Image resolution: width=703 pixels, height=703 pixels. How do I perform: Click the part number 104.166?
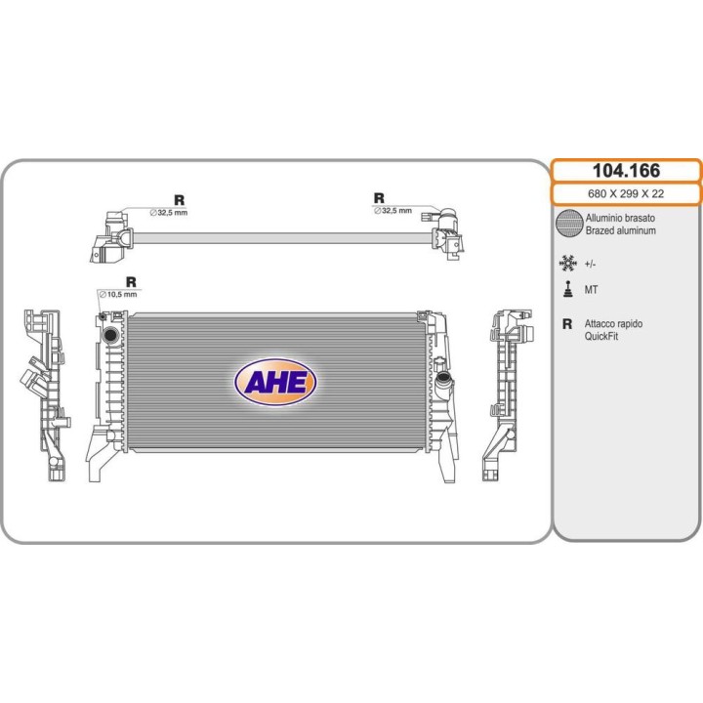pyautogui.click(x=626, y=171)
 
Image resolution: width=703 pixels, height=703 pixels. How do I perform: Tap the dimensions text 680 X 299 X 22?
pyautogui.click(x=626, y=194)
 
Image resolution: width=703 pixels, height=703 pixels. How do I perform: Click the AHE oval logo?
pyautogui.click(x=274, y=382)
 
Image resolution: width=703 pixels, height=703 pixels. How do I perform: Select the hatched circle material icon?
pyautogui.click(x=567, y=224)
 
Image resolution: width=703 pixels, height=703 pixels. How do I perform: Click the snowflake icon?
pyautogui.click(x=566, y=263)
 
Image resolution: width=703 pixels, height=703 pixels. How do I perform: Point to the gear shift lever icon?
pyautogui.click(x=566, y=290)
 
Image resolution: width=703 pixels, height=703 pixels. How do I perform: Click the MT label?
pyautogui.click(x=592, y=291)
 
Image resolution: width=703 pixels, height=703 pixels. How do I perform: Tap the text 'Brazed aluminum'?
pyautogui.click(x=621, y=231)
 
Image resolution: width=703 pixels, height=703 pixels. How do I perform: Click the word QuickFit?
pyautogui.click(x=602, y=336)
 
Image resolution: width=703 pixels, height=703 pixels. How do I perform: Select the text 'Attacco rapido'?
pyautogui.click(x=613, y=323)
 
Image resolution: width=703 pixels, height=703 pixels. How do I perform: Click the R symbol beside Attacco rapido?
pyautogui.click(x=566, y=324)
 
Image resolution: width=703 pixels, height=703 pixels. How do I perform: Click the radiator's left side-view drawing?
pyautogui.click(x=46, y=394)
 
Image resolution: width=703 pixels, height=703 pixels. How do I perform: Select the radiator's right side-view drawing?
pyautogui.click(x=507, y=394)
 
